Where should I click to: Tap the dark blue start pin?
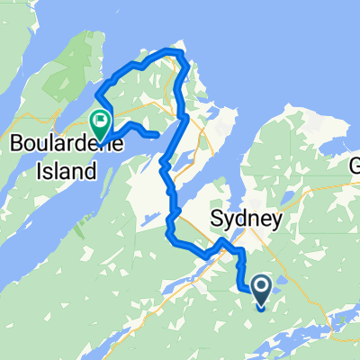261,292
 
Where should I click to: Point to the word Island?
63,170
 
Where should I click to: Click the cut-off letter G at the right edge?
354,166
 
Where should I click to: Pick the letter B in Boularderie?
15,145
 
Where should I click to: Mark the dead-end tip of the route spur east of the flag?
158,136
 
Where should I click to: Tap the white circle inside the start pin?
261,286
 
